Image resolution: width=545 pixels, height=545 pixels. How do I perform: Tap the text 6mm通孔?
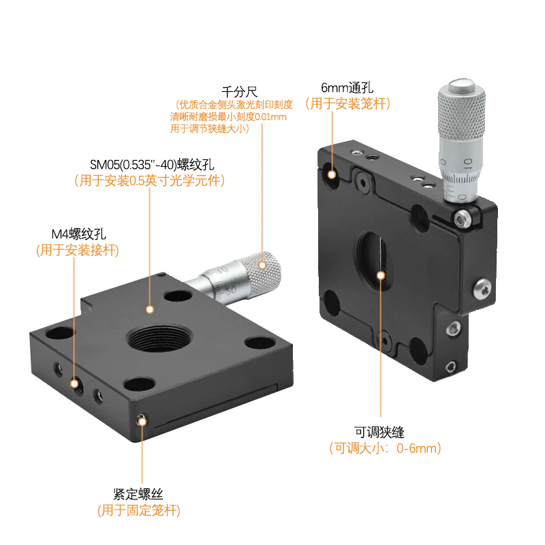tap(347, 88)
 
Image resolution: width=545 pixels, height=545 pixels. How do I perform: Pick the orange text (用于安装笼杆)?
tap(347, 104)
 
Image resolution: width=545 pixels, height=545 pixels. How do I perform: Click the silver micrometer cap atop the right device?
tap(458, 87)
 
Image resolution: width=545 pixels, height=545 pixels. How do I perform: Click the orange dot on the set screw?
tap(142, 422)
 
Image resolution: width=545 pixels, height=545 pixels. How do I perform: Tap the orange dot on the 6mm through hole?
tap(332, 174)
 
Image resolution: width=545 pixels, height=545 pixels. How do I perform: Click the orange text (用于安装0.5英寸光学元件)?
tap(150, 181)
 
